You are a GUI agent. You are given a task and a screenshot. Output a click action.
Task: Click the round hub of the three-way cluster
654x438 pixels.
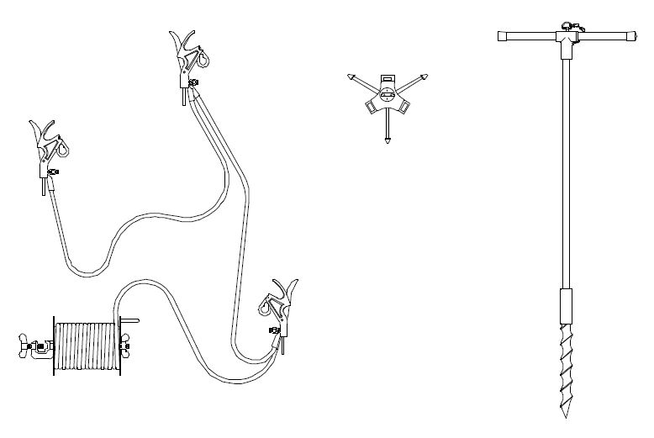pyautogui.click(x=388, y=93)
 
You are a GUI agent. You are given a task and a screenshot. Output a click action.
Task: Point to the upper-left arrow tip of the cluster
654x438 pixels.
pyautogui.click(x=348, y=77)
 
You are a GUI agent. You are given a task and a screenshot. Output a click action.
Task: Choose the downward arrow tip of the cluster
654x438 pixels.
pyautogui.click(x=387, y=141)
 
